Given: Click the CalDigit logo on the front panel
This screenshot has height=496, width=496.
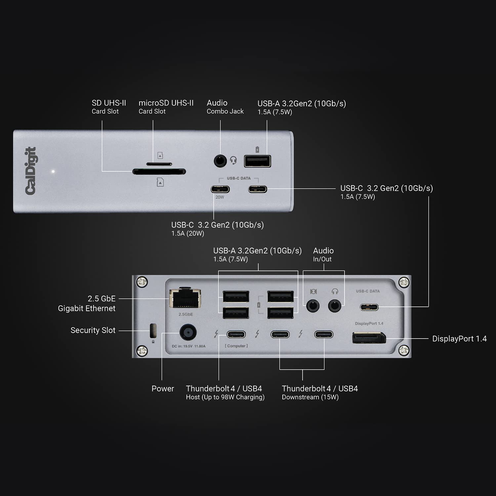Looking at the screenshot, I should tap(31, 171).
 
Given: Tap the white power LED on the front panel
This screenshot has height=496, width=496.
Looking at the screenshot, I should tap(53, 172).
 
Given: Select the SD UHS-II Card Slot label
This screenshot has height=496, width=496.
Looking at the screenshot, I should tap(108, 107).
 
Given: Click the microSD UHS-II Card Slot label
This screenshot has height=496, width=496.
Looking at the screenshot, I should tap(166, 107).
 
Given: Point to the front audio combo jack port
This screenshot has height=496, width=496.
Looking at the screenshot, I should tap(220, 161).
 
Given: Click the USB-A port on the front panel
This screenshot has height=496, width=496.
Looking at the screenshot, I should tap(257, 161).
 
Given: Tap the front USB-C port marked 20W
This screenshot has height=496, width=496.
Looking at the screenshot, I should tap(220, 189).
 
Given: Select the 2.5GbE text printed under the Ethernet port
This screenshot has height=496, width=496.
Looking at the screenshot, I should tap(186, 314).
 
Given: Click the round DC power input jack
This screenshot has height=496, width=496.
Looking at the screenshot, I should tap(188, 332).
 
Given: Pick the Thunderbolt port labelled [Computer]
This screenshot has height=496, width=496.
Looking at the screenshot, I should tap(236, 334).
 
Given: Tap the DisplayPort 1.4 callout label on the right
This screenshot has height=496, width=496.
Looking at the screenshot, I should tap(459, 339).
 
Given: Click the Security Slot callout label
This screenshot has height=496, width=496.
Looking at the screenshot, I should tap(93, 330).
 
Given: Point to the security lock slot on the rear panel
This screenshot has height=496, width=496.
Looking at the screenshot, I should tap(153, 330).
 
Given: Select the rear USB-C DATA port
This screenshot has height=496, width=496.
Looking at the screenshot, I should tap(369, 307).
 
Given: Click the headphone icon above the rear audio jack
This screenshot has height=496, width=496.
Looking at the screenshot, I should tap(335, 291).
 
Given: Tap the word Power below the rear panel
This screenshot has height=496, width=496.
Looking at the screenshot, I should tap(163, 389).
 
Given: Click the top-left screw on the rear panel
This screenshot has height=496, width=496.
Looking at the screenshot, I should tap(142, 282).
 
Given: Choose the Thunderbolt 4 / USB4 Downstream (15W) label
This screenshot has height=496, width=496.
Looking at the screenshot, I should tap(319, 393).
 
